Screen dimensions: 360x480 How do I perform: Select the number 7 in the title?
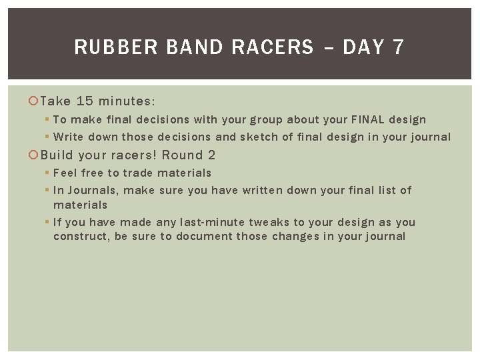(398, 47)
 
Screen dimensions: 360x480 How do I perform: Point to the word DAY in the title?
(364, 47)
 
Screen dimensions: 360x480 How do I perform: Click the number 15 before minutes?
(85, 101)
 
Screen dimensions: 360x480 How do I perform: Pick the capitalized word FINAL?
(371, 120)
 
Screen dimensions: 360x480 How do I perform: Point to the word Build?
(57, 155)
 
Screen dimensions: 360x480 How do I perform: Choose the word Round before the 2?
(182, 155)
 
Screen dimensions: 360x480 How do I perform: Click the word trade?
(138, 173)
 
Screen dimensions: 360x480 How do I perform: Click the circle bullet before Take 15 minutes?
(33, 101)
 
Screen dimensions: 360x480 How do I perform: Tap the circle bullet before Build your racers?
(33, 155)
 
